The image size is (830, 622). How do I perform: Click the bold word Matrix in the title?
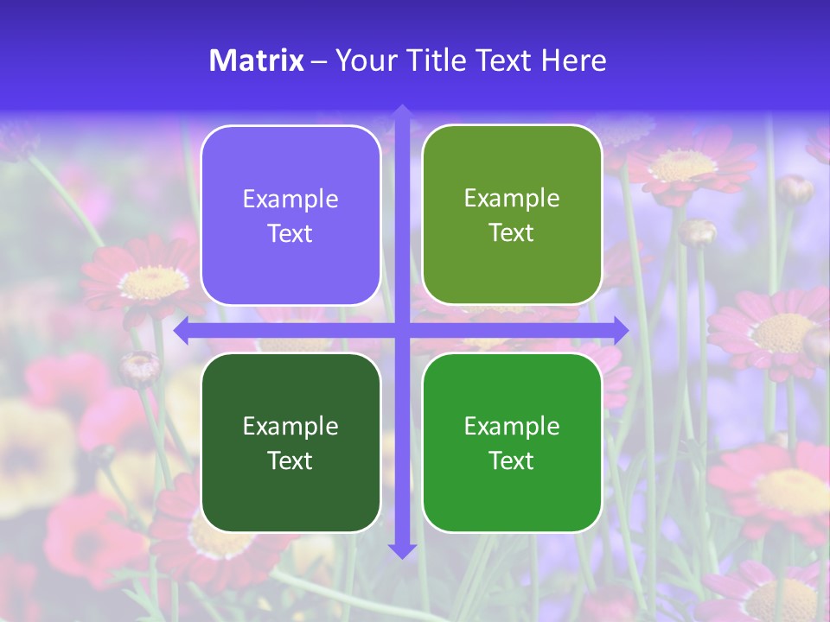pos(257,60)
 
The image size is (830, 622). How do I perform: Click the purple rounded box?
pos(290,216)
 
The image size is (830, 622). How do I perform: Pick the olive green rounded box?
pos(512,215)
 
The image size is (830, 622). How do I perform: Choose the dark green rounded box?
pos(290,442)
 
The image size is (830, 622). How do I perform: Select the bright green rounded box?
pos(512,442)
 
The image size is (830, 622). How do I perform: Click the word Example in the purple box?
pos(290,200)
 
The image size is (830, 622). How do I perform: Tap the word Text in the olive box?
pos(512,233)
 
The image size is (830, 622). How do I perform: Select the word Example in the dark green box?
pos(290,426)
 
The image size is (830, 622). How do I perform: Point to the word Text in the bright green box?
pos(512,460)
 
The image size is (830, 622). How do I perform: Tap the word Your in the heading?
pos(361,60)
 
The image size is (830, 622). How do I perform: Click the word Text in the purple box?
pos(290,234)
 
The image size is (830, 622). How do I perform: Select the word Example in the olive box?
pos(512,199)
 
